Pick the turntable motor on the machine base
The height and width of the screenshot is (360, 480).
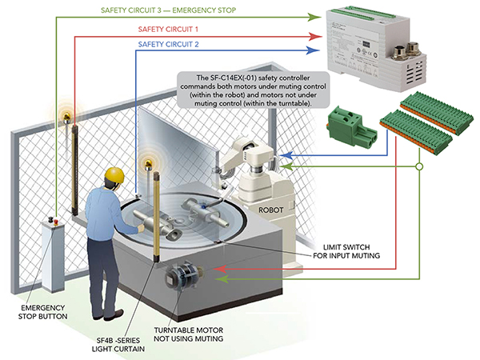pyautogui.click(x=179, y=278)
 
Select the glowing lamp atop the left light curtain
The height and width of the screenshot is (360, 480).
pyautogui.click(x=66, y=114)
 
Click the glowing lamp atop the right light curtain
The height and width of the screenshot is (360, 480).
pyautogui.click(x=147, y=164)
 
